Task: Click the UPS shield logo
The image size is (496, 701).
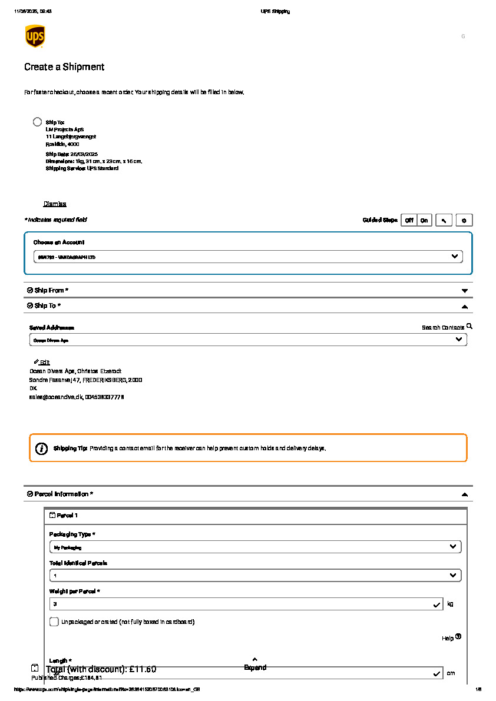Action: pyautogui.click(x=35, y=36)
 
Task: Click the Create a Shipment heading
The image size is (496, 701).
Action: pyautogui.click(x=64, y=67)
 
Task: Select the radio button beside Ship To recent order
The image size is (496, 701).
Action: pyautogui.click(x=37, y=122)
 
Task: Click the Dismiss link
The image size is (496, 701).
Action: pyautogui.click(x=55, y=204)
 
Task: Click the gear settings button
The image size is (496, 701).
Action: pyautogui.click(x=464, y=220)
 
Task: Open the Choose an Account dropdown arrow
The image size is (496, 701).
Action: pyautogui.click(x=454, y=257)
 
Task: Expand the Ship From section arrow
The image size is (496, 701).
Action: pyautogui.click(x=464, y=291)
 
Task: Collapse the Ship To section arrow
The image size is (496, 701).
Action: pyautogui.click(x=464, y=306)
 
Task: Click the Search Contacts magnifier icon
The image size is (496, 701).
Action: pyautogui.click(x=469, y=326)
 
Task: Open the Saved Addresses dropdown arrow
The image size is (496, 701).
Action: pyautogui.click(x=459, y=340)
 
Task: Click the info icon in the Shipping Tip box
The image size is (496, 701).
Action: pyautogui.click(x=41, y=448)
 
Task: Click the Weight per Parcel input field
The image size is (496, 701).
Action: pyautogui.click(x=242, y=604)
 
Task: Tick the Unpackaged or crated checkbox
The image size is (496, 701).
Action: pyautogui.click(x=54, y=622)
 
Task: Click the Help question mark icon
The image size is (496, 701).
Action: pyautogui.click(x=458, y=636)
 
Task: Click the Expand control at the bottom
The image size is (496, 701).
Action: pyautogui.click(x=255, y=664)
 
